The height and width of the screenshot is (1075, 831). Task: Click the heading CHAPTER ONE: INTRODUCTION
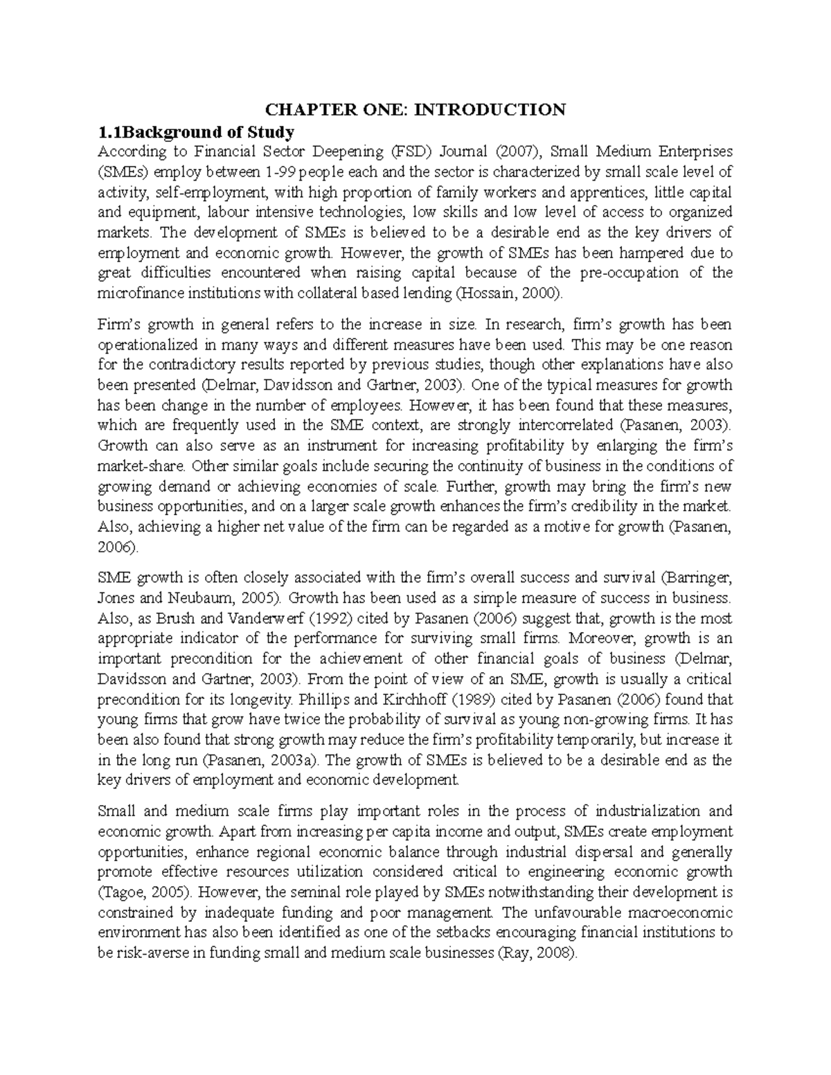point(415,109)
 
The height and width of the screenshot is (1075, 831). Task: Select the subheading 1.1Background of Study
point(196,132)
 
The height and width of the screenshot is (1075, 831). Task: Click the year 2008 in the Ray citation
point(555,953)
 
